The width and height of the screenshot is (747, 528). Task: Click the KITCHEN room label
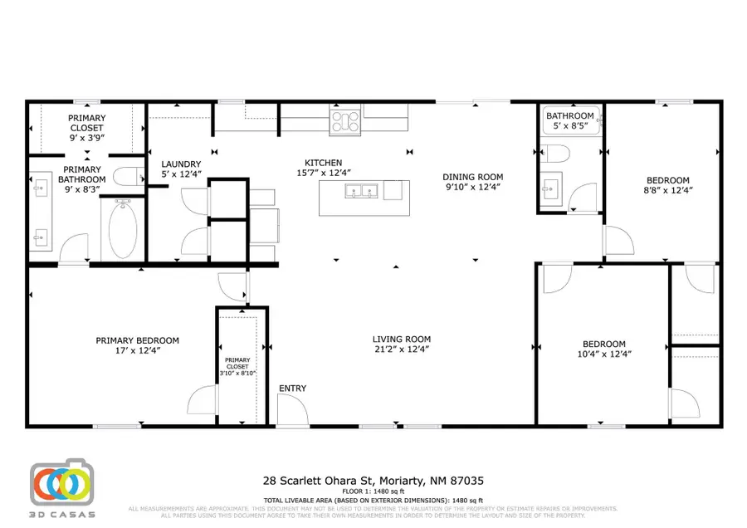[x=323, y=164]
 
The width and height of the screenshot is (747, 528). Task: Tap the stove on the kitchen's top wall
[x=344, y=122]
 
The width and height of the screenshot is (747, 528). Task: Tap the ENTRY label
[x=292, y=389]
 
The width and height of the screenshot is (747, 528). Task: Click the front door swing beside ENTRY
[x=290, y=410]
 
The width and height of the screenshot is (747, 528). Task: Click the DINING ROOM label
[x=472, y=177]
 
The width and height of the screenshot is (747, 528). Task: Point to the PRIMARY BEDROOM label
[x=137, y=340]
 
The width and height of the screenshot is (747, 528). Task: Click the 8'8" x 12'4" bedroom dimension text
[x=668, y=190]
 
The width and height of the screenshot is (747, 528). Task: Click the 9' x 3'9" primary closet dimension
[x=86, y=139]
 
